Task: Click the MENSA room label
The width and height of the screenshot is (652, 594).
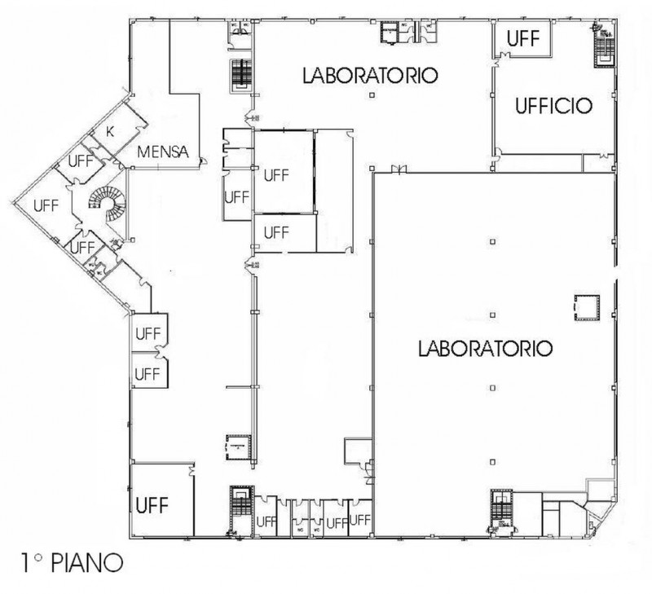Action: click(x=164, y=152)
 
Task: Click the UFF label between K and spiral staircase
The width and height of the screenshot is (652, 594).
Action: click(x=81, y=161)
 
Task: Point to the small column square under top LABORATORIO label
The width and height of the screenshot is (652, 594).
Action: click(x=372, y=96)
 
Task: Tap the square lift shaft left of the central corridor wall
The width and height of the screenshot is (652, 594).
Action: click(x=236, y=447)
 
